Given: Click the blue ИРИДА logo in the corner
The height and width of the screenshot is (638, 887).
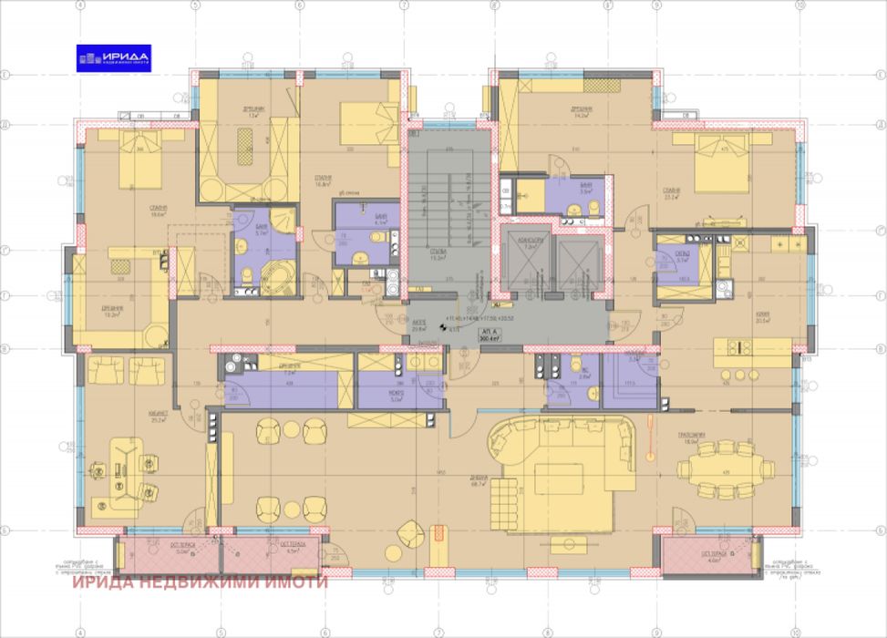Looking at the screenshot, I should point(114,57).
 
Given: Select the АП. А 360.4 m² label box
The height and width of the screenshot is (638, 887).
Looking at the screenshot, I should point(527,334).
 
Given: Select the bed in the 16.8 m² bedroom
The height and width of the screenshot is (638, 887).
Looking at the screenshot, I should point(366,123).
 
